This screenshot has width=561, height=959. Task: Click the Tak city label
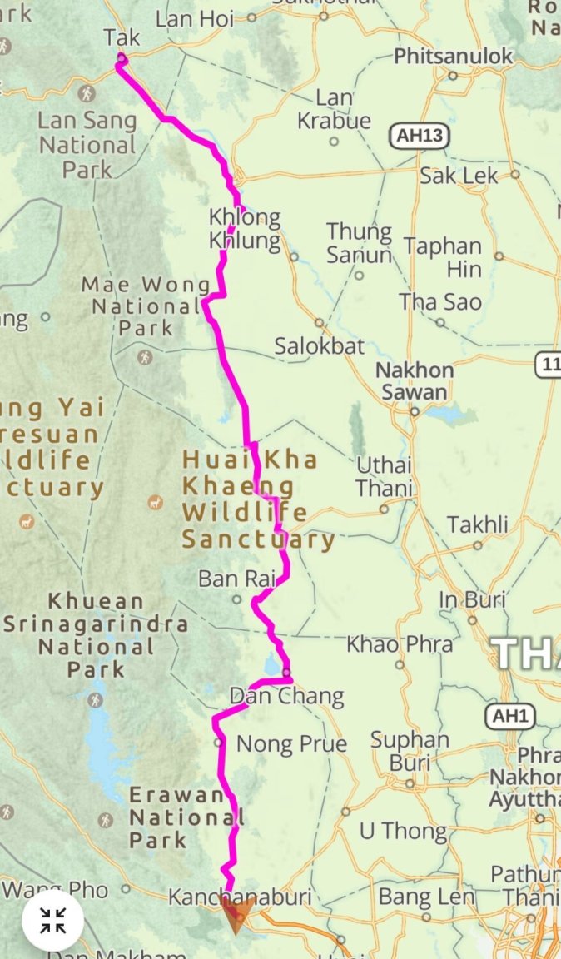coord(122,37)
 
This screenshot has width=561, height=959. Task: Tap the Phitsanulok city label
coord(454,57)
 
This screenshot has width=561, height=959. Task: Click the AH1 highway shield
coord(511,716)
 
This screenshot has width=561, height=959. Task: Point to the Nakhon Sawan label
coord(414,380)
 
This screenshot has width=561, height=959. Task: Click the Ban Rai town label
coord(229,579)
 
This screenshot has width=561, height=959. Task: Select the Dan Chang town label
coord(286,696)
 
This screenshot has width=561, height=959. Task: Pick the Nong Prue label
coord(291,743)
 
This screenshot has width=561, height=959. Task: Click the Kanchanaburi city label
coord(240,897)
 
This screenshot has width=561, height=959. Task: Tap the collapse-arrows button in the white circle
coord(53,920)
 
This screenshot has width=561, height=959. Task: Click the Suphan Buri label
coord(410,750)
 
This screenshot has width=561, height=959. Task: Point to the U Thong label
coord(403,831)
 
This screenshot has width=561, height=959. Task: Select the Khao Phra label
coord(400,644)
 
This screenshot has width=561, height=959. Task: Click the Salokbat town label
coord(320,345)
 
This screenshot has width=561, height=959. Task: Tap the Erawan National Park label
coord(176,817)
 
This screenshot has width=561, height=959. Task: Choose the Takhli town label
coord(477,525)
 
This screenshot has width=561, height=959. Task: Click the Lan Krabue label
coord(334,109)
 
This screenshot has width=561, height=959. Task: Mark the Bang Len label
coord(426,897)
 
